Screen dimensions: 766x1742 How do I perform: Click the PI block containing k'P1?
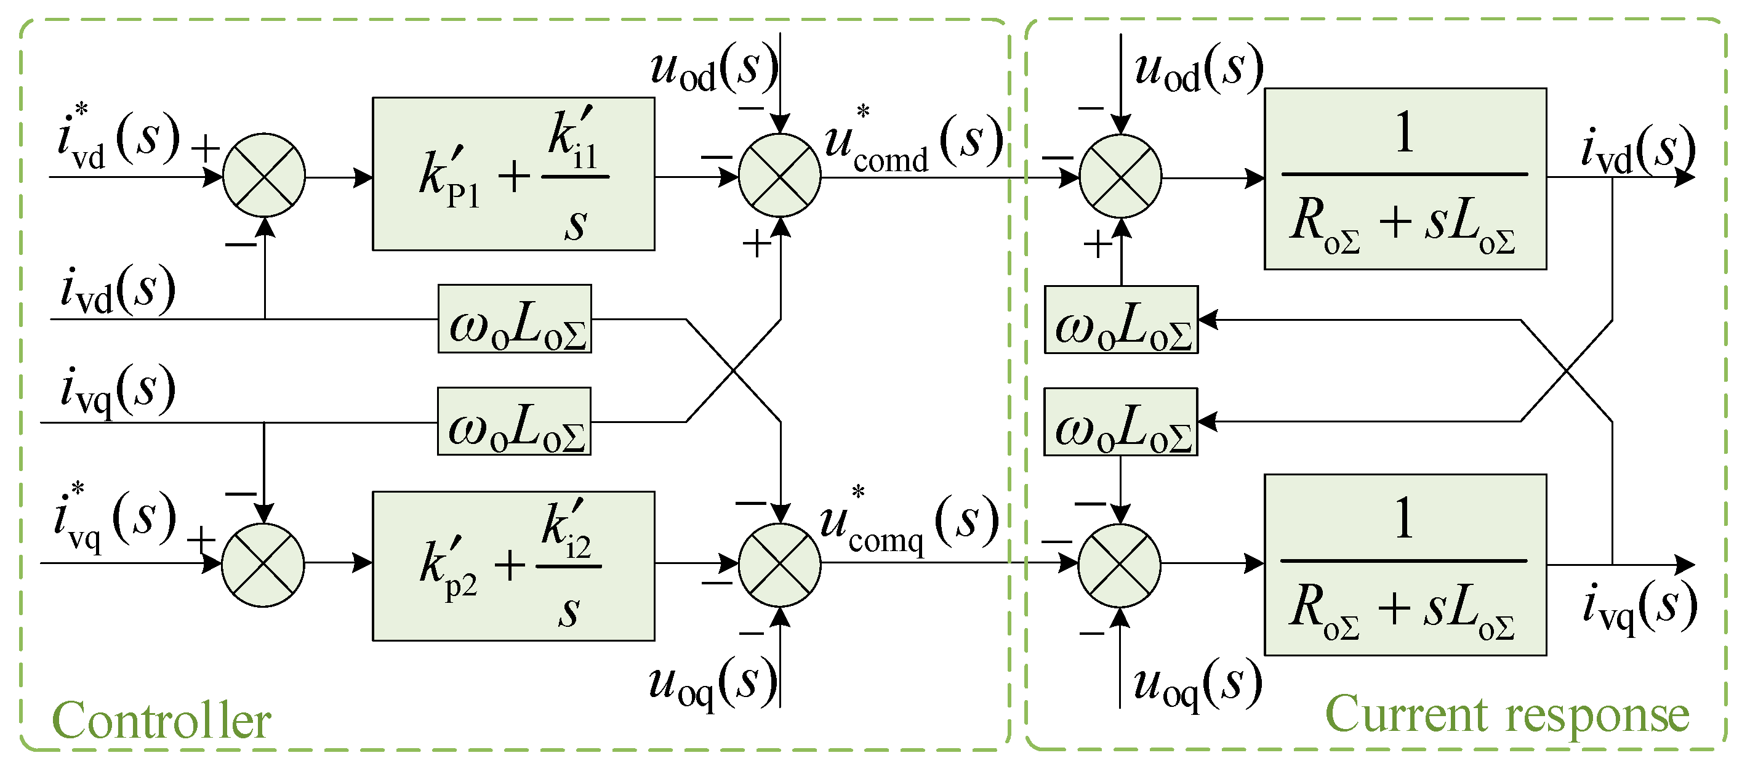513,174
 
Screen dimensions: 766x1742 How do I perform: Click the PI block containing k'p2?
513,566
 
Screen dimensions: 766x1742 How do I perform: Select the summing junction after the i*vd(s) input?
263,175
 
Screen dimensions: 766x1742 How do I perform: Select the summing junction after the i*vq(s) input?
263,565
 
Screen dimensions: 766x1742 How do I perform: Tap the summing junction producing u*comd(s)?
779,175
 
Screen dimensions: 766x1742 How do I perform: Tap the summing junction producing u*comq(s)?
779,565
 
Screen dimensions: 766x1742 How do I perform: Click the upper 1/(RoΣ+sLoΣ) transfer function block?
1405,179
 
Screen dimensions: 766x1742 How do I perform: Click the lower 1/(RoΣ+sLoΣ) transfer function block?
1405,565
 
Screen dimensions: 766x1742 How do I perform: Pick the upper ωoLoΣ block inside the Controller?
514,319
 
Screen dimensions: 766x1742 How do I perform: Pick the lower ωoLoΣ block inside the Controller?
514,421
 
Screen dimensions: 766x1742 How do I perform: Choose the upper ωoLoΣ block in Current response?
1120,320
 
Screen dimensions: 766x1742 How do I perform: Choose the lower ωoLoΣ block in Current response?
1120,422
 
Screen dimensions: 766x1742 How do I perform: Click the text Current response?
1507,714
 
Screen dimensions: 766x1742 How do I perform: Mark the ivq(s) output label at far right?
1639,606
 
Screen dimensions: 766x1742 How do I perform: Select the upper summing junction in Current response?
1120,177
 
